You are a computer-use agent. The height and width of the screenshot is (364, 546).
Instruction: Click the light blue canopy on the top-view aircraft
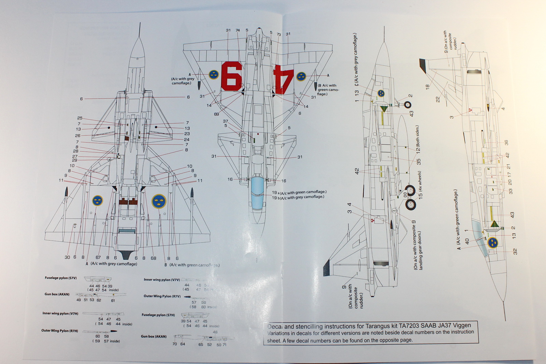coord(257,193)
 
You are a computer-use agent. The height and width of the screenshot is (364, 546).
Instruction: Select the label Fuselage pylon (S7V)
coord(61,278)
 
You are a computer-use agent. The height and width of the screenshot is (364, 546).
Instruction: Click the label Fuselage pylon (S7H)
coord(158,315)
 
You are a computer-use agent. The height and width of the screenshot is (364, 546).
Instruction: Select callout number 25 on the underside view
coord(80,118)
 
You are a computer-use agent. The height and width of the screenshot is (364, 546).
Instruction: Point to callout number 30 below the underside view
coord(67,257)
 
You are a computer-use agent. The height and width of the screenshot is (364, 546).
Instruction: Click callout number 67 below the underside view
coord(98,258)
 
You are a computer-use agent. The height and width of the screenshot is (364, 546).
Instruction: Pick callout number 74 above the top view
coord(238,30)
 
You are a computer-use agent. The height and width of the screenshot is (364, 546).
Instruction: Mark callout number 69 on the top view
coord(216,114)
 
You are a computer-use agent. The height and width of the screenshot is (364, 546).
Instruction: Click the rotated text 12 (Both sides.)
coord(417,140)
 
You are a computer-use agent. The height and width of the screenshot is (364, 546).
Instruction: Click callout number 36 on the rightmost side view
coord(506,143)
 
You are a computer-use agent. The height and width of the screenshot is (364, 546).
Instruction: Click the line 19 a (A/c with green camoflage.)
coord(299,192)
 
